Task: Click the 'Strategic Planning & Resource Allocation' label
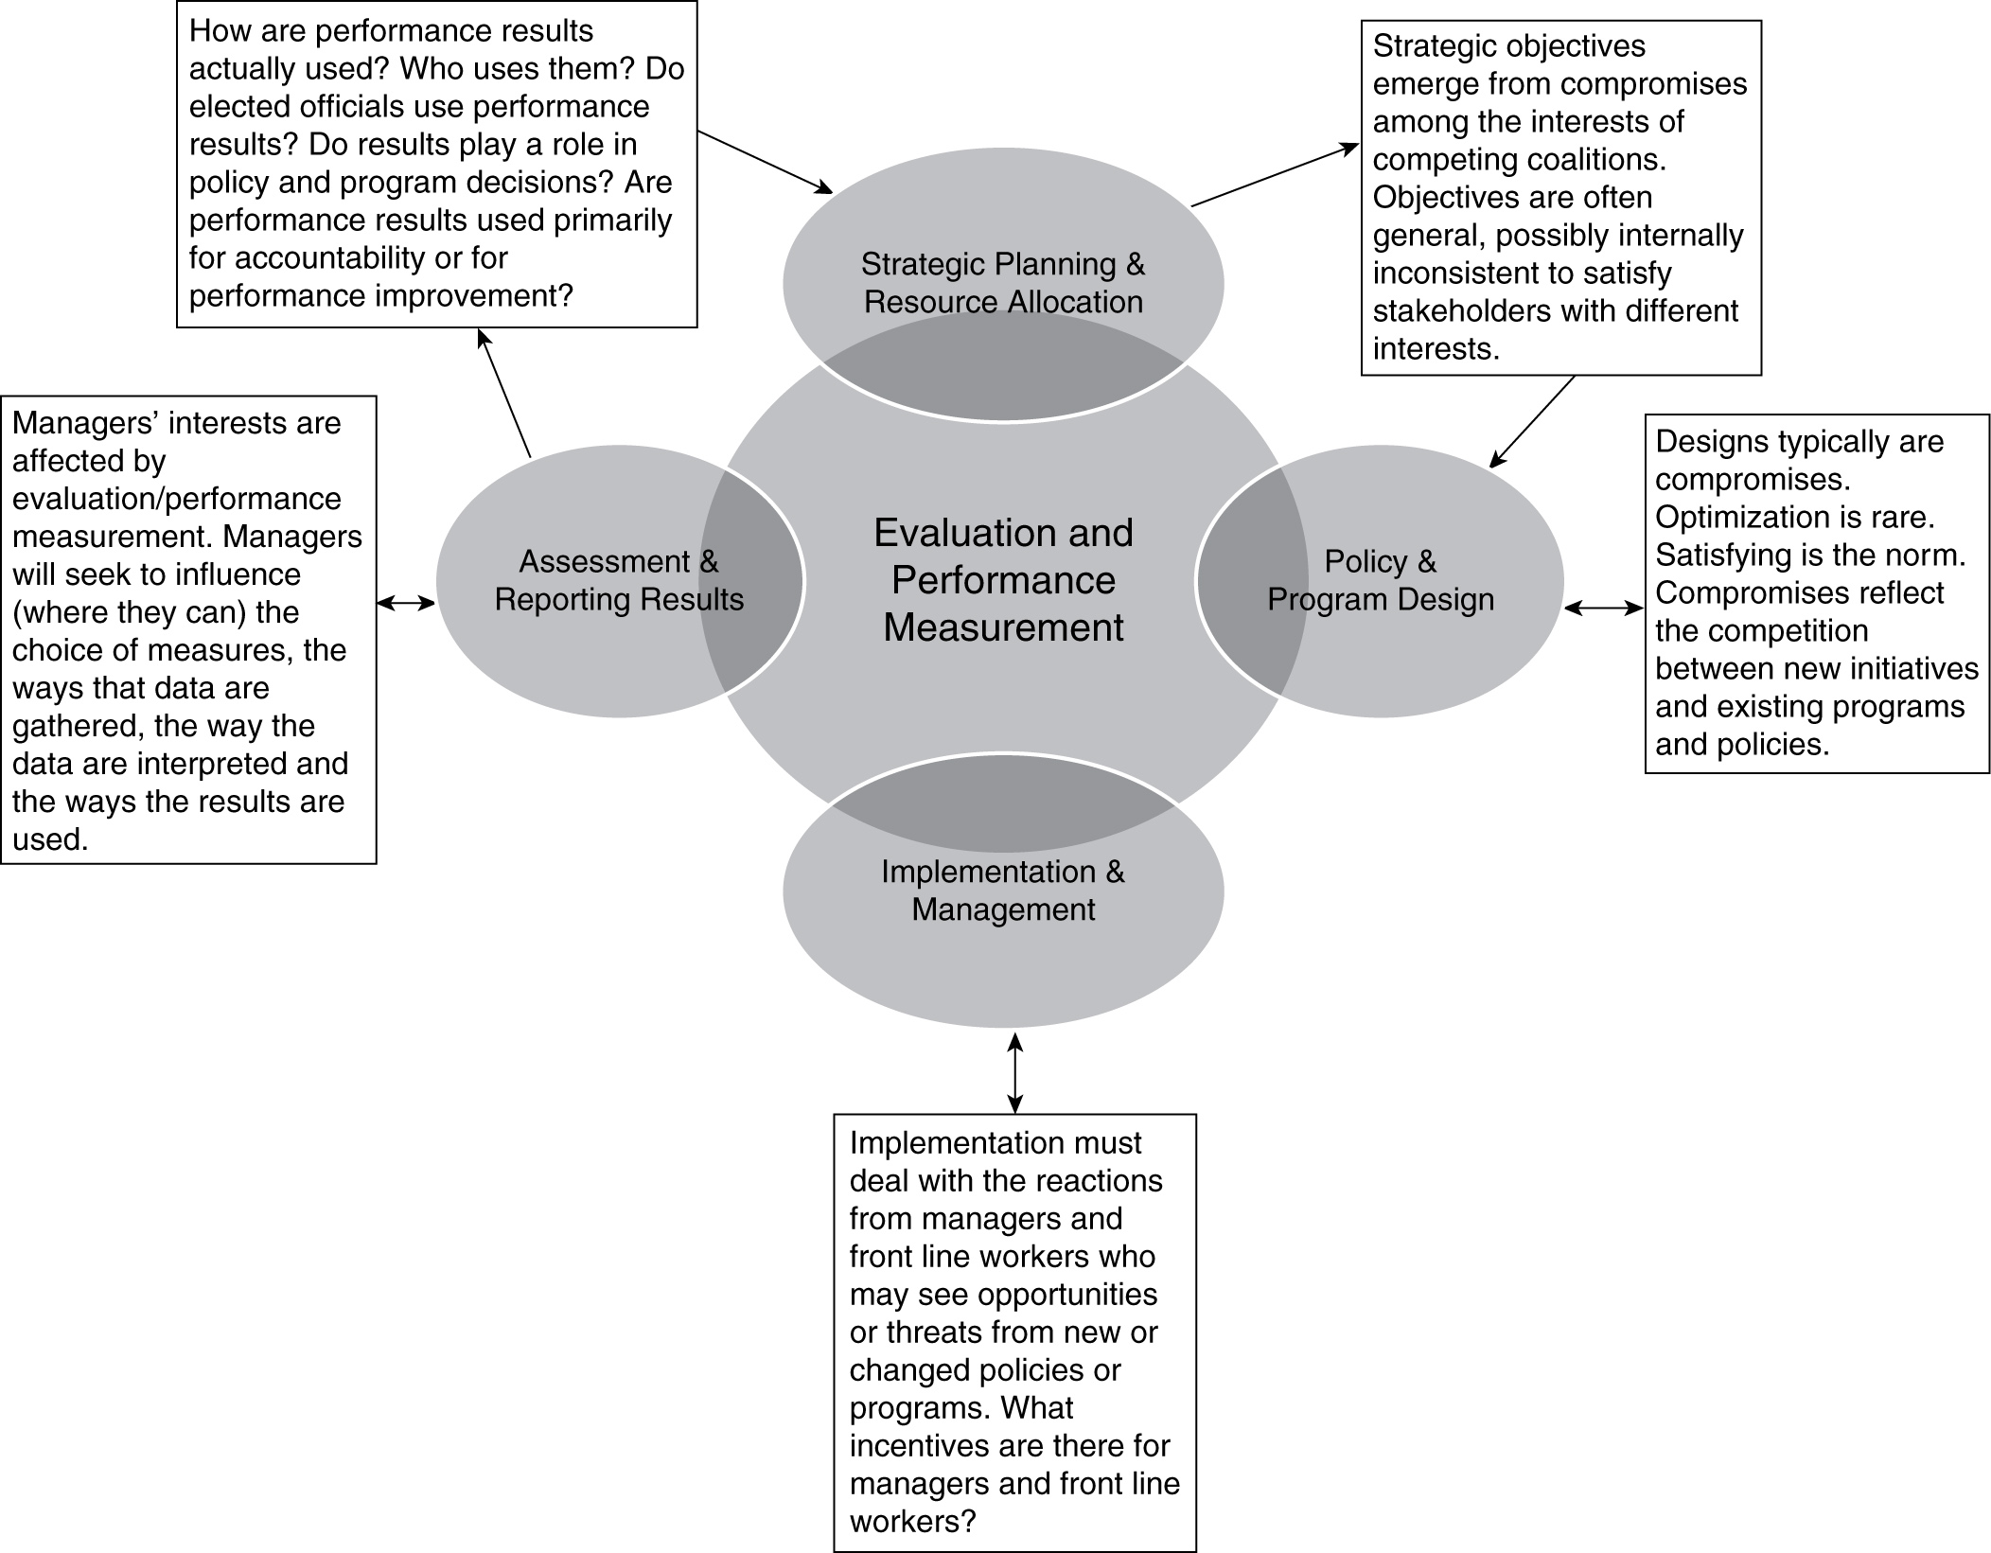pos(1003,283)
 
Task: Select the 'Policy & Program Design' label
pos(1381,580)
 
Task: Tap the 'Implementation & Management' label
pos(1003,891)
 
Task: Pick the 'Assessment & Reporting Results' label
pos(619,580)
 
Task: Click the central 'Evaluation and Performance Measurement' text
pos(1003,580)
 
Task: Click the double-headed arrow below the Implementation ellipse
pos(1014,1072)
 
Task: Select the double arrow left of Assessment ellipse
pos(406,602)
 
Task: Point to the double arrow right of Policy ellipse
pos(1604,609)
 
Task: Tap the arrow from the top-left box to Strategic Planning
pos(765,162)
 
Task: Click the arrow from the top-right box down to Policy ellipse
pos(1532,422)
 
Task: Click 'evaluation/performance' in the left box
pos(177,499)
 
